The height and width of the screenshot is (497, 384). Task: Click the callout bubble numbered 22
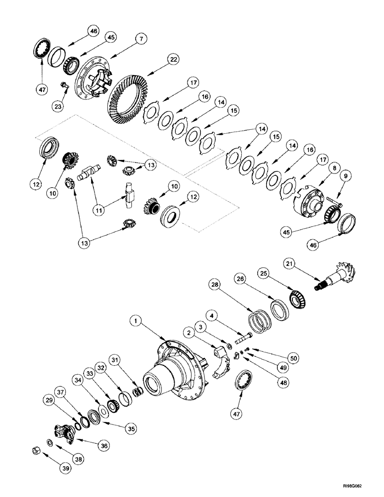click(x=172, y=59)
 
